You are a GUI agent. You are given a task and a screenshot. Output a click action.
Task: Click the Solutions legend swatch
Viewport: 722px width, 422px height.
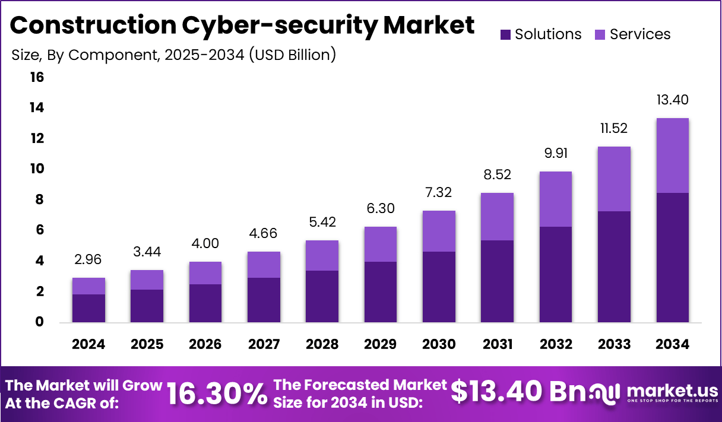(505, 34)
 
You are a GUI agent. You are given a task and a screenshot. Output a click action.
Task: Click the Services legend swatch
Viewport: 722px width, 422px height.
(600, 34)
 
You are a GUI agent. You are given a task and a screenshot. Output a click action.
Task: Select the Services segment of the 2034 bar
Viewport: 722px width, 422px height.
(672, 156)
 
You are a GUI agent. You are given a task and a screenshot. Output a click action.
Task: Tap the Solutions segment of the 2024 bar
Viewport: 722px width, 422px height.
(88, 308)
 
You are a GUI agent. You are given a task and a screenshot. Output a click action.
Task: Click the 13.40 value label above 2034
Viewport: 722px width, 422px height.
(672, 100)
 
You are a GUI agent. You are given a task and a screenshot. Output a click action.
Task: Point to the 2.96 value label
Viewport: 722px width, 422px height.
(88, 259)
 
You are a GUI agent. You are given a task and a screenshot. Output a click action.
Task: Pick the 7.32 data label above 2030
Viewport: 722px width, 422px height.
(439, 192)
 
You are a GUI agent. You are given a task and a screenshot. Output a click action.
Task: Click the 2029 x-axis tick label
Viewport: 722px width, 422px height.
(380, 345)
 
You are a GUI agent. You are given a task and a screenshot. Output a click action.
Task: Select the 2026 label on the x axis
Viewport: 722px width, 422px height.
(205, 345)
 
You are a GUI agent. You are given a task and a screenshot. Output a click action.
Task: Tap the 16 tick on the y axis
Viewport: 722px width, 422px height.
(36, 77)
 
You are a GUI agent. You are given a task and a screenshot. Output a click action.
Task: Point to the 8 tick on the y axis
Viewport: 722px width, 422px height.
(39, 199)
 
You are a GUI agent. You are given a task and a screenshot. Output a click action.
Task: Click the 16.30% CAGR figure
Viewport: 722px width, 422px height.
(216, 393)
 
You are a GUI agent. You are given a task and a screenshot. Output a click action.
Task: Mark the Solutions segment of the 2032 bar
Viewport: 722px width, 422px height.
(556, 274)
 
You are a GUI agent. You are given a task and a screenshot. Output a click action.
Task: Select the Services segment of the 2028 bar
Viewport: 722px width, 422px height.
(322, 255)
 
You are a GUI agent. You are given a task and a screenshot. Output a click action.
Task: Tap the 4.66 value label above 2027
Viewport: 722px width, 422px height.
(264, 233)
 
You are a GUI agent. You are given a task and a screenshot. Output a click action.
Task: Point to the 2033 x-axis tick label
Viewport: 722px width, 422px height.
(614, 345)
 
